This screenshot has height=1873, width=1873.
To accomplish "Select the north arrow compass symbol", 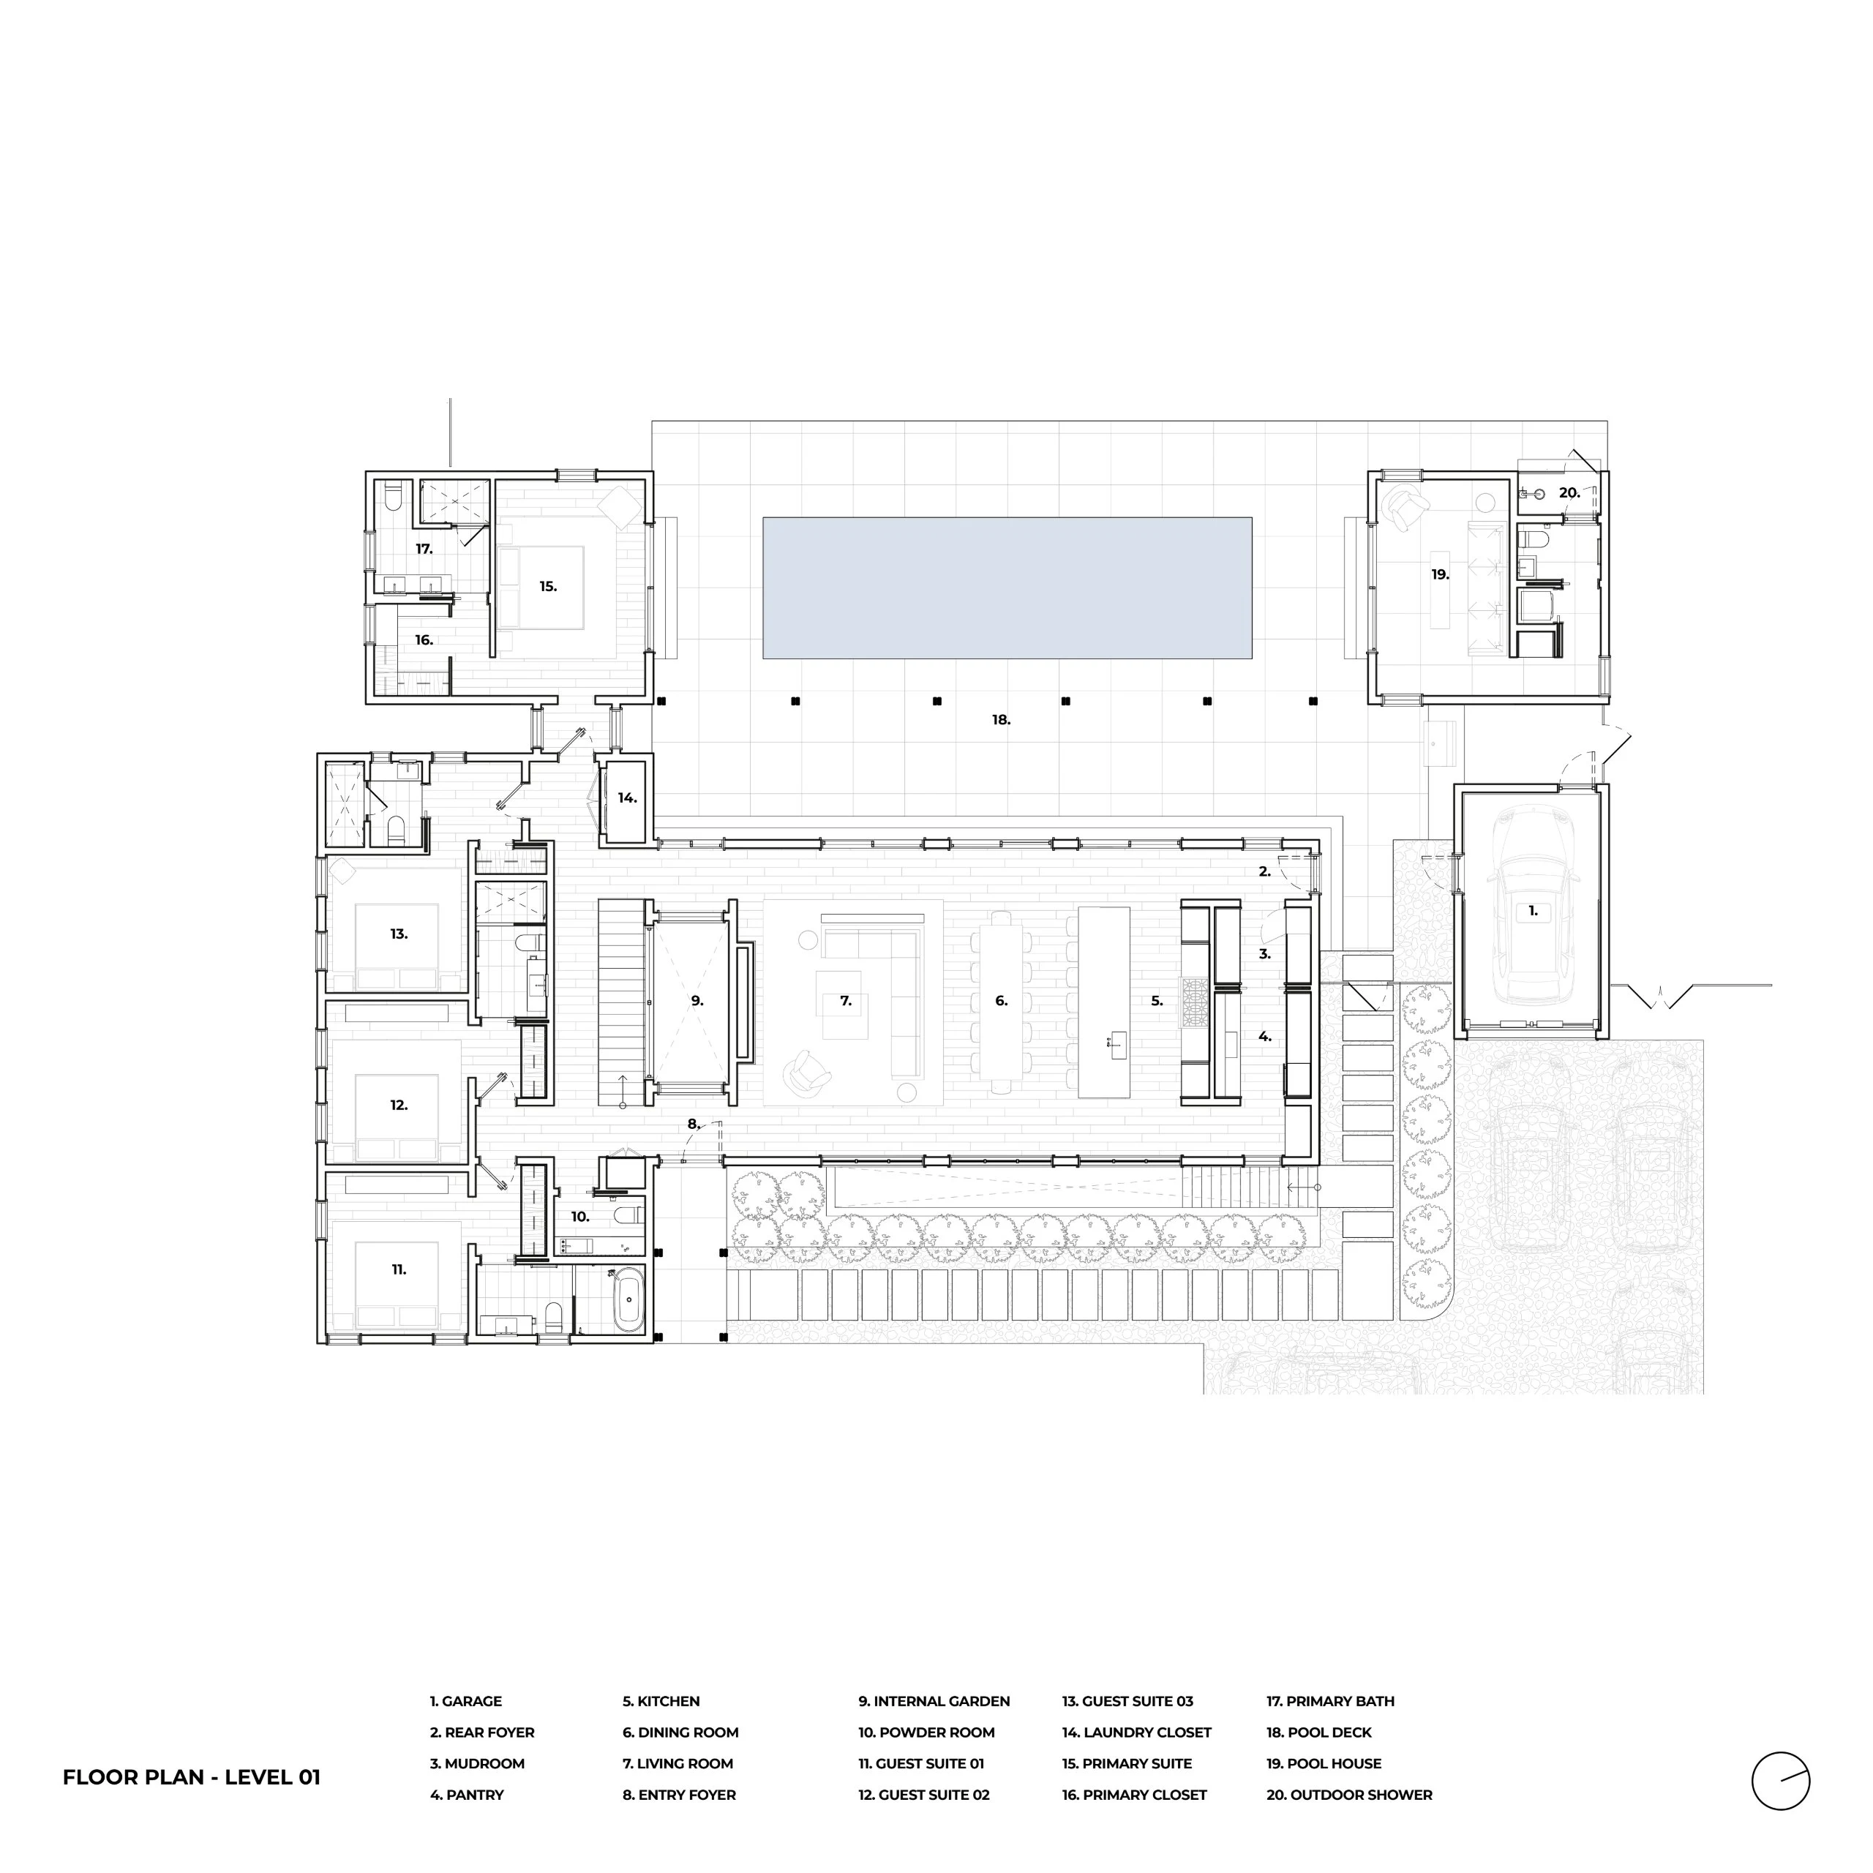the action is coord(1780,1781).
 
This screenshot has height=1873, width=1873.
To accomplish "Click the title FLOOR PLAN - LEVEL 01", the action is coord(192,1777).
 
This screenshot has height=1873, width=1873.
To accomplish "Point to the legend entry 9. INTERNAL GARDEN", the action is coord(934,1700).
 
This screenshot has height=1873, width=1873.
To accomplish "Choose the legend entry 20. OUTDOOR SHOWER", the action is coord(1349,1795).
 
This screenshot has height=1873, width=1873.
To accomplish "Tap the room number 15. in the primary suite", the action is coord(549,585).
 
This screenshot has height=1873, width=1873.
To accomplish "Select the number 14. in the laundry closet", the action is coord(627,798).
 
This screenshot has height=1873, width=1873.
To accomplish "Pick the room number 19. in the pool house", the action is coord(1441,574).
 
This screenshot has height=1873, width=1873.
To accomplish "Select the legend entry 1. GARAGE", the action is coord(466,1700).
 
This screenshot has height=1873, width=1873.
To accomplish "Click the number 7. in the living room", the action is coord(845,1000).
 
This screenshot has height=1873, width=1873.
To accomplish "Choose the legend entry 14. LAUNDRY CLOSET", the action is coord(1136,1732).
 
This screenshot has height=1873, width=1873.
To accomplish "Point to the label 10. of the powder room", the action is coord(579,1216).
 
